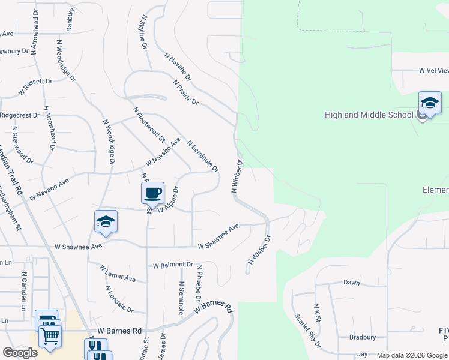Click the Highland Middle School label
[x=369, y=115]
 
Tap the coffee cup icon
[x=152, y=193]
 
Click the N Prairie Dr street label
[x=186, y=92]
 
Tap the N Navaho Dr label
[x=178, y=66]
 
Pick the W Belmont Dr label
[x=173, y=265]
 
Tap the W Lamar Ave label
[x=118, y=274]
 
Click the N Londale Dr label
[x=119, y=298]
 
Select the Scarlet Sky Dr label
[x=308, y=330]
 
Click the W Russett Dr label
[x=37, y=86]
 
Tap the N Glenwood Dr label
[x=22, y=148]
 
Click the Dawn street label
[x=351, y=282]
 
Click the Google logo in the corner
[x=20, y=353]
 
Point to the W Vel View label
[x=433, y=70]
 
